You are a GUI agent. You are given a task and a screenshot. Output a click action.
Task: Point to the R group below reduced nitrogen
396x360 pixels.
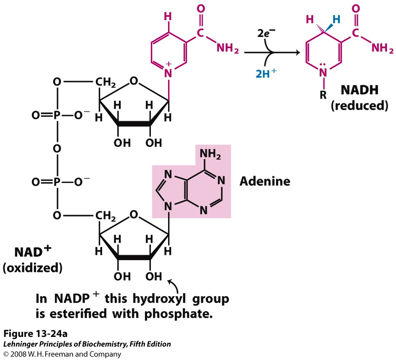tap(323, 95)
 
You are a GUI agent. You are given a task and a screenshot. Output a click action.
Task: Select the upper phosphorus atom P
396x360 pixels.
tap(57, 115)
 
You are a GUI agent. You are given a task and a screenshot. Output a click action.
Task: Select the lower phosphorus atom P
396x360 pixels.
tap(57, 182)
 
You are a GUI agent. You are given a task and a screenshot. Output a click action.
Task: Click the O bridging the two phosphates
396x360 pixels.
tap(57, 148)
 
